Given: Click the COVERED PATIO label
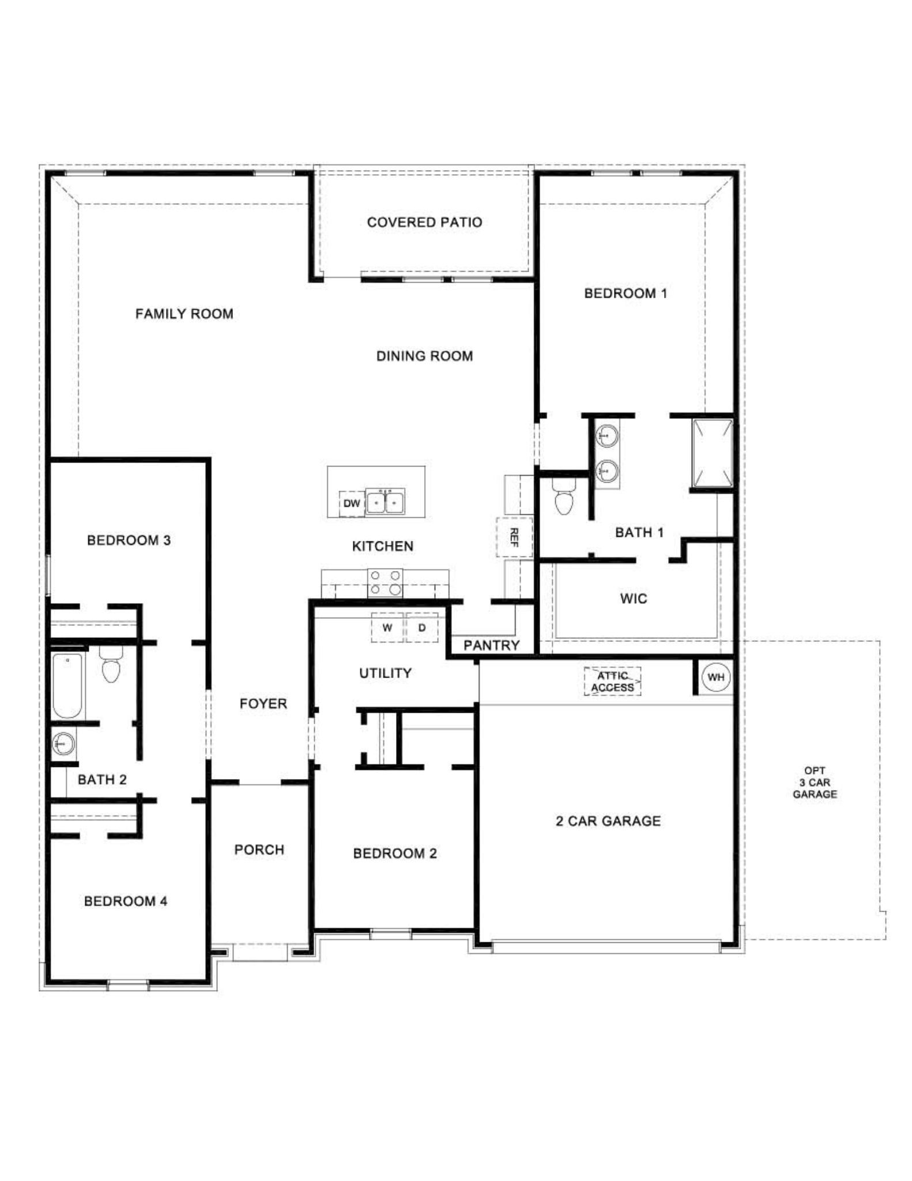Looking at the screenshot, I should click(x=424, y=222).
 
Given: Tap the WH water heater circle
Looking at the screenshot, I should click(x=715, y=677).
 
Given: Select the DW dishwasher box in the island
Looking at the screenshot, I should click(x=351, y=503).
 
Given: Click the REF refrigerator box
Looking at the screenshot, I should click(x=514, y=537).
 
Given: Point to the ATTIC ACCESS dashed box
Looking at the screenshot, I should click(x=612, y=682).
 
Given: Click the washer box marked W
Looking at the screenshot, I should click(x=387, y=628).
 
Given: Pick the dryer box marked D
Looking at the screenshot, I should click(x=422, y=628).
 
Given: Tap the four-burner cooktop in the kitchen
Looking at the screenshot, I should click(x=385, y=582).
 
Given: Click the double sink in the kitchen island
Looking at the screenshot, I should click(x=385, y=502).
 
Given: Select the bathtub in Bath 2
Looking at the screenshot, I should click(x=67, y=686).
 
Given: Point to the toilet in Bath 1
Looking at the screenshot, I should click(x=563, y=499).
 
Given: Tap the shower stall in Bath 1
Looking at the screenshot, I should click(x=713, y=454).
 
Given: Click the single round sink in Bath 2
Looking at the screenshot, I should click(x=63, y=743).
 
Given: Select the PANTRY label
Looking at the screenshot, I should click(x=491, y=645).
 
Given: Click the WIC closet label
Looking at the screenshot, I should click(x=633, y=599).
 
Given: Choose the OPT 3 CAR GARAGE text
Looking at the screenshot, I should click(x=814, y=782).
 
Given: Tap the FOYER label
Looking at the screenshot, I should click(x=263, y=704).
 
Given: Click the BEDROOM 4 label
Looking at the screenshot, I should click(x=126, y=901).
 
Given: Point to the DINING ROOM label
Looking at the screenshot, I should click(x=424, y=356).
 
